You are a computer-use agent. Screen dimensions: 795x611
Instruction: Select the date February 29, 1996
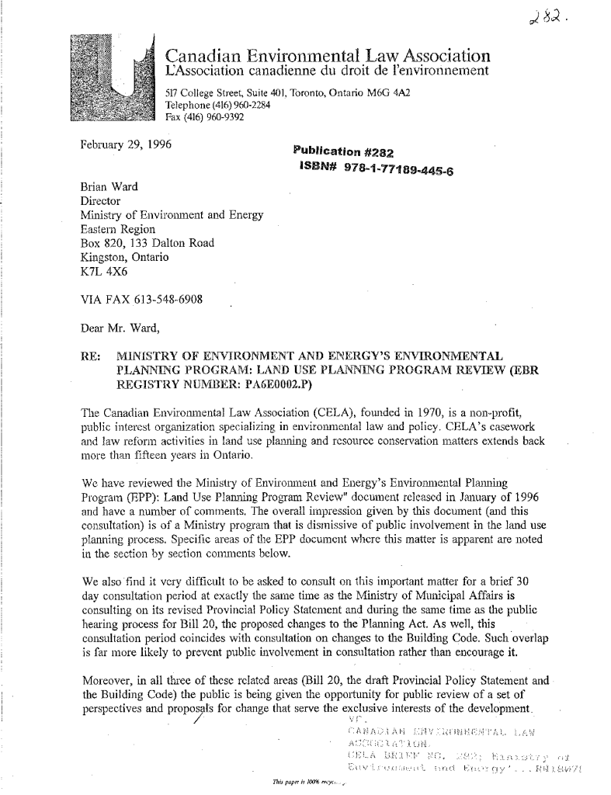[x=127, y=144]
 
